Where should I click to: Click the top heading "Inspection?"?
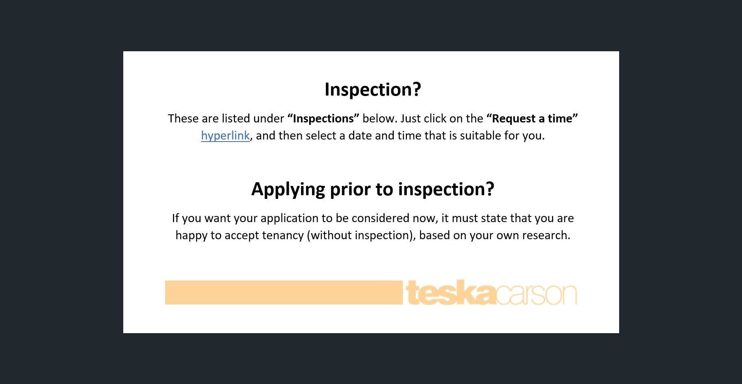(373, 89)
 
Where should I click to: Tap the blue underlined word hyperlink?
(225, 136)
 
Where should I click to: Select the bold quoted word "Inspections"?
(323, 118)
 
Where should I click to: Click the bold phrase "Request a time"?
(532, 118)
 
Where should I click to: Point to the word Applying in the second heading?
(288, 189)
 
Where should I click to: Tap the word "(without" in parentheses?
(329, 236)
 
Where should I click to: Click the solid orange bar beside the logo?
(284, 292)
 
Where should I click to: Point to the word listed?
(236, 118)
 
